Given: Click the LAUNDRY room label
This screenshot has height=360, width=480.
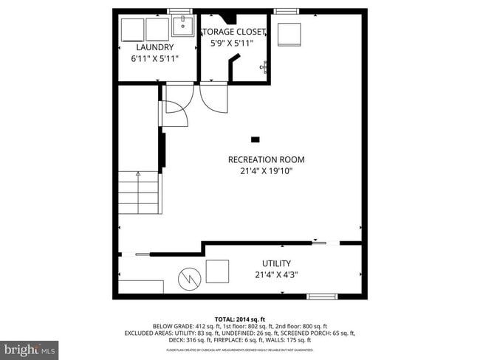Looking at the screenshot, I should coord(154,47).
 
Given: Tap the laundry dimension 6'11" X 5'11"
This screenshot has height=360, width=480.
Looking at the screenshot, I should coord(154,58).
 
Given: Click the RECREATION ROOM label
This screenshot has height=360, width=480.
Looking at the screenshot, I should coord(266,159).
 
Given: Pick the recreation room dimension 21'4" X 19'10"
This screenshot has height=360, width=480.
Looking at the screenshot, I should coord(266,171).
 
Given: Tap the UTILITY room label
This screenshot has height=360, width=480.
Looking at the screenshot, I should coord(276,263).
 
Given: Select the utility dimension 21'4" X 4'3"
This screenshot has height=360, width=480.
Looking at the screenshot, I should coord(276,274).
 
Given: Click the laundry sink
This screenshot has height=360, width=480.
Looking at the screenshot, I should coord(182,27).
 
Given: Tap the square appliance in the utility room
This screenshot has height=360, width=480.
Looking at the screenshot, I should coord(217,271).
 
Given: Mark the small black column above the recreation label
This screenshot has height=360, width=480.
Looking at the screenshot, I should coord(256,139).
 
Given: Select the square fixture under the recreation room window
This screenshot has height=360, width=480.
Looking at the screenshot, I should coord(289,34).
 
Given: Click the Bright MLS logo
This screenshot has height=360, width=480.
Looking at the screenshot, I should coord(30,347).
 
